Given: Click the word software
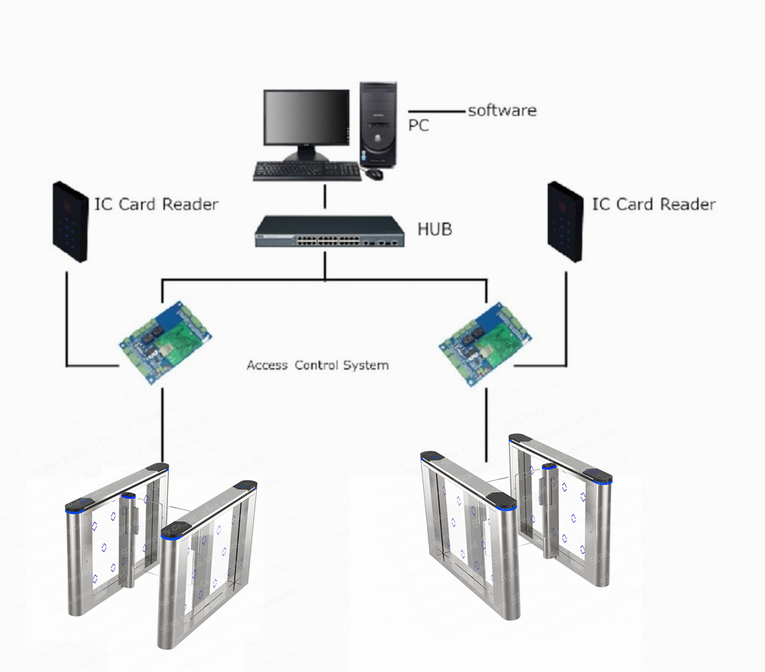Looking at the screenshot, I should (502, 111).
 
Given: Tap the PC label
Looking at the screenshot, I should (419, 125).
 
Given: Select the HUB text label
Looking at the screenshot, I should (435, 228).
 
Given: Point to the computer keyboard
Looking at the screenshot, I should (307, 172).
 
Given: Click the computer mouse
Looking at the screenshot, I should (374, 174).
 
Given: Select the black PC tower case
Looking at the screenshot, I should (378, 123).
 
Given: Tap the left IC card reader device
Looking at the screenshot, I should (70, 221).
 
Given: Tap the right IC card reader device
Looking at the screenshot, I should (565, 221).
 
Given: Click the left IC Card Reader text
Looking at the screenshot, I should (156, 204).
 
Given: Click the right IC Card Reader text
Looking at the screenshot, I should (653, 204).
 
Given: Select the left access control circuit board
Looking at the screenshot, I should (166, 340).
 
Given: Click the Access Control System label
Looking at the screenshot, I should (317, 365).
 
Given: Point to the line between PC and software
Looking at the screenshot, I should (437, 112).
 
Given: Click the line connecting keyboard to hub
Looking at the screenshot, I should (325, 198).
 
